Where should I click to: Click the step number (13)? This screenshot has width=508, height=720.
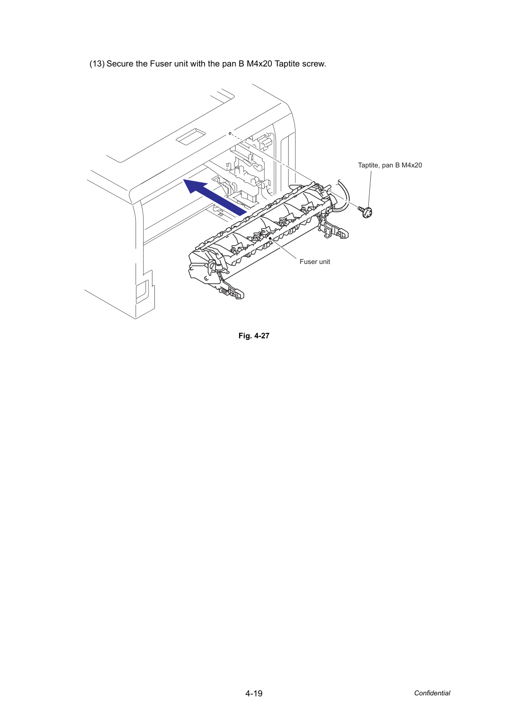click(x=97, y=64)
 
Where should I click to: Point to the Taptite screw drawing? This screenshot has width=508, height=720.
click(x=365, y=212)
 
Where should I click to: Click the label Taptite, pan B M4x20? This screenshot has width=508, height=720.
click(x=390, y=165)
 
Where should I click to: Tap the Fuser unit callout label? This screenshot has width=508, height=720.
click(x=315, y=262)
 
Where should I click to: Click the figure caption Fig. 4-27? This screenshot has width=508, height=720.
click(x=254, y=336)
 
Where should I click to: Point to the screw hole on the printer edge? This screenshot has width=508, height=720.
click(x=230, y=133)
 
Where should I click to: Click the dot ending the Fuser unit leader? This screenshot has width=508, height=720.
click(x=270, y=238)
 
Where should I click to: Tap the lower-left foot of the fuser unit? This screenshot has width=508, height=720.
click(x=233, y=291)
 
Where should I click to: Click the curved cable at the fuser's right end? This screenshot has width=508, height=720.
click(x=344, y=196)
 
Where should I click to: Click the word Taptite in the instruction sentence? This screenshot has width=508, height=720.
click(x=287, y=64)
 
